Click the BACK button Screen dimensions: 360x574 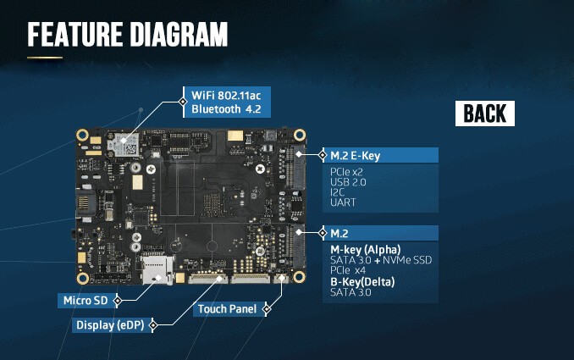[485, 114]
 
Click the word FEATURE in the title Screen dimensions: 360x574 [75, 35]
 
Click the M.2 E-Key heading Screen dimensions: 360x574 [355, 156]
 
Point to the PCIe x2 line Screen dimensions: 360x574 [347, 172]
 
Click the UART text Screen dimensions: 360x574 [343, 202]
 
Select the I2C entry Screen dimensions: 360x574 [337, 192]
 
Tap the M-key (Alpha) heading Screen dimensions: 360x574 [366, 250]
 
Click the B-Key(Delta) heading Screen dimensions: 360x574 [362, 281]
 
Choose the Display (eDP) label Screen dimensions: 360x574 [110, 325]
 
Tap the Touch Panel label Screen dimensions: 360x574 [227, 309]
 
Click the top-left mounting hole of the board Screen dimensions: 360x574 [83, 136]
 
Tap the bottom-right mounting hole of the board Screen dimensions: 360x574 [299, 277]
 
